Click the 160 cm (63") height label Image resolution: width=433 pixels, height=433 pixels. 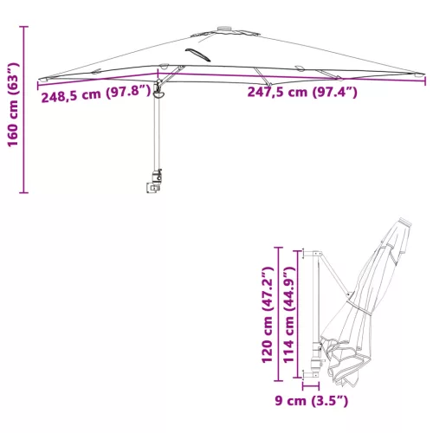pyautogui.click(x=13, y=104)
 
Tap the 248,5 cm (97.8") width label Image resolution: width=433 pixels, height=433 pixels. pyautogui.click(x=96, y=94)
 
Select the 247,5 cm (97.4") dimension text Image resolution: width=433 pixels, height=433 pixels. pyautogui.click(x=302, y=92)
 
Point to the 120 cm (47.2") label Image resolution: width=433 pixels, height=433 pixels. pyautogui.click(x=267, y=314)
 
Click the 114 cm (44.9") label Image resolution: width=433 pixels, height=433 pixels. pyautogui.click(x=288, y=314)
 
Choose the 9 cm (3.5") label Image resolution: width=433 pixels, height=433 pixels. pyautogui.click(x=312, y=401)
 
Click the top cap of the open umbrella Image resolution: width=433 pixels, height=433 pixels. pyautogui.click(x=224, y=29)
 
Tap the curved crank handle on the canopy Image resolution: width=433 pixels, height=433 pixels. pyautogui.click(x=198, y=55)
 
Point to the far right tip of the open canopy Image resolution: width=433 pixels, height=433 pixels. pyautogui.click(x=423, y=74)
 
